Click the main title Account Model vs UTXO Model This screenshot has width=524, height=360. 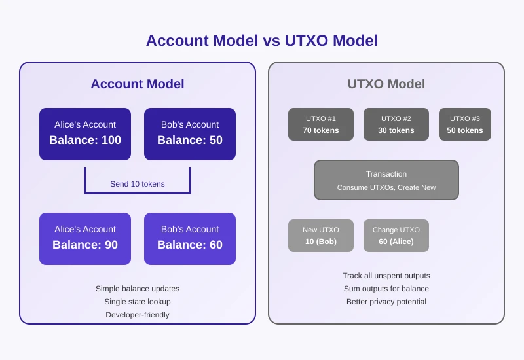(x=261, y=41)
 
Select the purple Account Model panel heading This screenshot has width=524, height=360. (x=137, y=84)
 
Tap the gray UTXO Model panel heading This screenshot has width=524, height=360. (x=386, y=84)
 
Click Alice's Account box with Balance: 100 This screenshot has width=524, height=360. (x=85, y=134)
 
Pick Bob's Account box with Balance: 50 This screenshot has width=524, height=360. (x=190, y=134)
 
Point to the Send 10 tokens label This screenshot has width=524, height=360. (x=138, y=184)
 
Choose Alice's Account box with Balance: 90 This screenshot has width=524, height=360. (x=85, y=238)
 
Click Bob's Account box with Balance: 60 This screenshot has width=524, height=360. (x=190, y=238)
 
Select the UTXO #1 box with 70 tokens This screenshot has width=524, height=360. (x=321, y=124)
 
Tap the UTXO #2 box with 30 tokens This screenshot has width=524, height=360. (x=396, y=124)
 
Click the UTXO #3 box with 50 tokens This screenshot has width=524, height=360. (x=465, y=124)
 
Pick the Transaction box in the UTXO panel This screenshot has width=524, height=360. (x=386, y=180)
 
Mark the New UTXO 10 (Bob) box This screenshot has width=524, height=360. (x=321, y=236)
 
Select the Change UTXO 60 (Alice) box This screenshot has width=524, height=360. (x=396, y=236)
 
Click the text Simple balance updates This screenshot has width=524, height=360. (x=138, y=289)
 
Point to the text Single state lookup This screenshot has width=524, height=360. (x=138, y=302)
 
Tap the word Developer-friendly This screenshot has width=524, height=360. (x=138, y=315)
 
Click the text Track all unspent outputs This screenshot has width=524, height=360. (x=386, y=276)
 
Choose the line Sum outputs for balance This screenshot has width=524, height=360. (x=386, y=289)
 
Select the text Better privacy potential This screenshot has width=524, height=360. (x=386, y=302)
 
